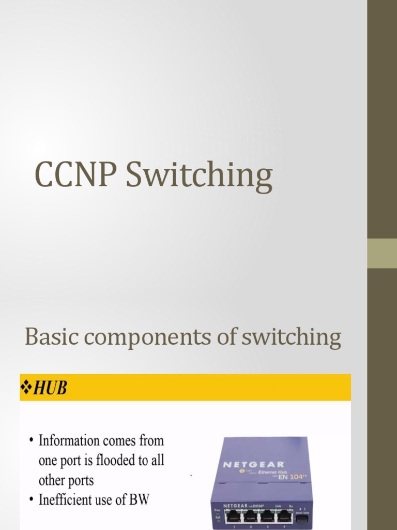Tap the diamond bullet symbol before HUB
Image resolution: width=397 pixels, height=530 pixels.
tap(25, 387)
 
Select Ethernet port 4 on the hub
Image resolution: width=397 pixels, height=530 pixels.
tap(284, 516)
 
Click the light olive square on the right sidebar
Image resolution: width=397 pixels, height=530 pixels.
tap(382, 253)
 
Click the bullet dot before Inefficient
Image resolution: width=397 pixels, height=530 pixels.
tap(32, 500)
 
